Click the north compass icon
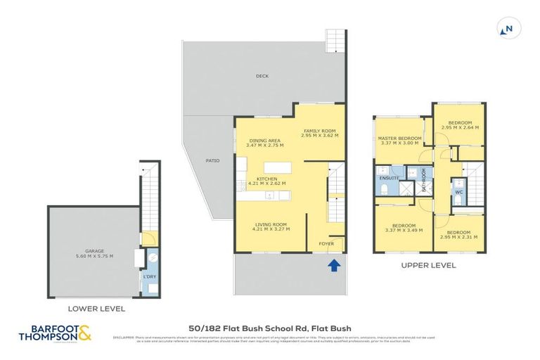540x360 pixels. coord(505,30)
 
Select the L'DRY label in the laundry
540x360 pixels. coord(149,276)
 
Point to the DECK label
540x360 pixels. coord(262,76)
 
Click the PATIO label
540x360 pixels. coord(212,160)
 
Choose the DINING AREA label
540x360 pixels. coord(264,141)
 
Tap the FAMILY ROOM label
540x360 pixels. coord(320,131)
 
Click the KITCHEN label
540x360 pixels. coord(266,179)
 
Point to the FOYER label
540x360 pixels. coord(326,243)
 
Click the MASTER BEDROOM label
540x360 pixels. coord(399,139)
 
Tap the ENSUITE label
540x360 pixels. coord(389,179)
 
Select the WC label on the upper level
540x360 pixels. coord(458,191)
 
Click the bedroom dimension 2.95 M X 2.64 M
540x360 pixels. coord(459,127)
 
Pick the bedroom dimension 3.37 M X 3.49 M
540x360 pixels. coord(399,230)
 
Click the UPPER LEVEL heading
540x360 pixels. coord(428,266)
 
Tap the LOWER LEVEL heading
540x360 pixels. coord(97,308)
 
